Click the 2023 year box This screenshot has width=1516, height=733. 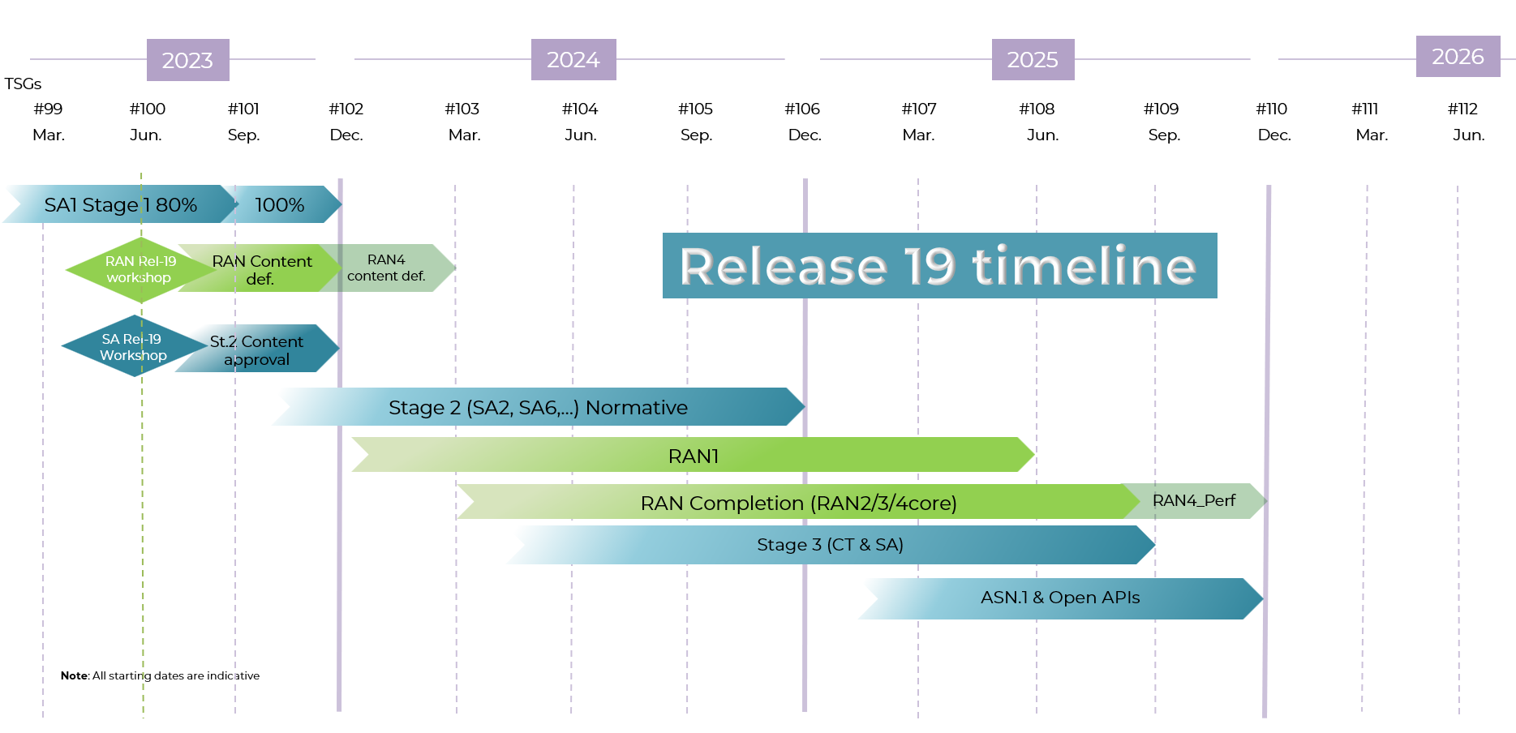click(187, 60)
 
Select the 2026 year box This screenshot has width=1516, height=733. click(1458, 57)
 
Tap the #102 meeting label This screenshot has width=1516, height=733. click(346, 109)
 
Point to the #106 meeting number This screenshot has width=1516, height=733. click(802, 109)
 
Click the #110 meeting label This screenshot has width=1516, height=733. click(1271, 109)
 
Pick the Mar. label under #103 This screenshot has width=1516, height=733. click(464, 135)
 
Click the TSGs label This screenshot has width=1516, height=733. click(23, 84)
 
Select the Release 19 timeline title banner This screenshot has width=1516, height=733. click(938, 266)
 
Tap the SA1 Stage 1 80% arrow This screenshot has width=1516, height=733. click(120, 205)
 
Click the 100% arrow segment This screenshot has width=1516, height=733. click(281, 205)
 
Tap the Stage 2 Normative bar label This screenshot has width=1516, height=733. click(538, 408)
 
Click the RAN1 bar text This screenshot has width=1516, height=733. click(693, 457)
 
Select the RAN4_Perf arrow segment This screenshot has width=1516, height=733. click(1193, 501)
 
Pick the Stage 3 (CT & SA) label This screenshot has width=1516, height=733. click(829, 545)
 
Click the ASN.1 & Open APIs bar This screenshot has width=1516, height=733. click(1059, 598)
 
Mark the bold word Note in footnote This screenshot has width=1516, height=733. click(74, 675)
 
